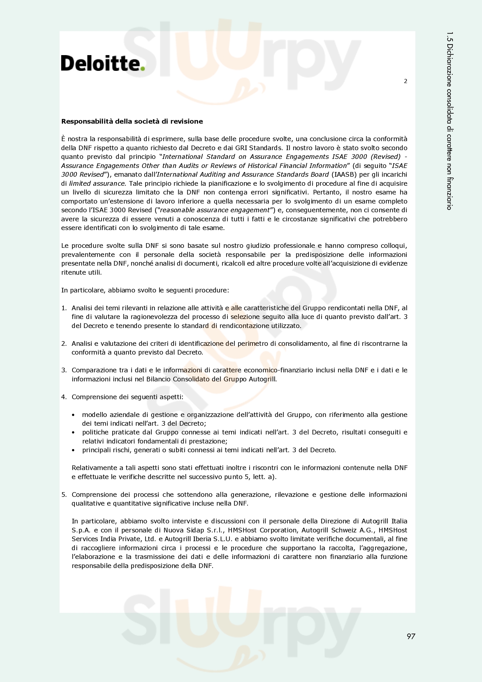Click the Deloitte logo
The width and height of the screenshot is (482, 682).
[x=102, y=63]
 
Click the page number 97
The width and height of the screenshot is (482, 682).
[x=411, y=636]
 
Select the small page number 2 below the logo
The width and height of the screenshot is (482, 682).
[x=405, y=81]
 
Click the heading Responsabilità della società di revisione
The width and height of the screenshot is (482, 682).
[x=132, y=121]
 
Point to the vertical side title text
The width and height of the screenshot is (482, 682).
[x=449, y=121]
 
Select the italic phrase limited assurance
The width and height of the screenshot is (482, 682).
[x=97, y=183]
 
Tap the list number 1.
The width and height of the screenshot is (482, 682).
[x=64, y=308]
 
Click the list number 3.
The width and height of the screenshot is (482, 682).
[x=64, y=370]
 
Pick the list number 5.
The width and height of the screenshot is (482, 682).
[x=64, y=495]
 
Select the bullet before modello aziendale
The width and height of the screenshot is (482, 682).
[x=73, y=415]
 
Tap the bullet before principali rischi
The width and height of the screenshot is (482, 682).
[x=73, y=450]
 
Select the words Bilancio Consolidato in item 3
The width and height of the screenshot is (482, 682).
[x=177, y=379]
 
